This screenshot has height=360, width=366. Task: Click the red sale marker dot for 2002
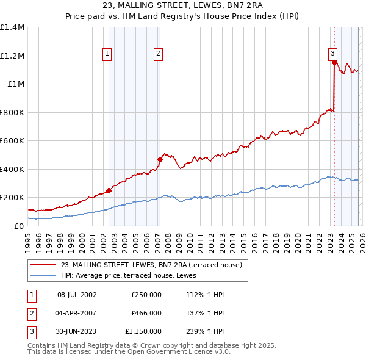(x=109, y=190)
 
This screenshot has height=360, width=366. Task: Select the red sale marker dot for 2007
(x=160, y=160)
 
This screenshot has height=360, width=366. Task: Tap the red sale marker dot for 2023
(x=334, y=63)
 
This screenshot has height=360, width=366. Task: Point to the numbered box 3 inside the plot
(x=333, y=53)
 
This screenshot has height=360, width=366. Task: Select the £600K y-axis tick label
(x=12, y=141)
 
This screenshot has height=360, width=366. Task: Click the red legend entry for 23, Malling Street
(x=151, y=265)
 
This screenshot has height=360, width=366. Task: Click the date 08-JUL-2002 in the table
(x=77, y=295)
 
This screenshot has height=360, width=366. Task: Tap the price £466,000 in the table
(x=146, y=313)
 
